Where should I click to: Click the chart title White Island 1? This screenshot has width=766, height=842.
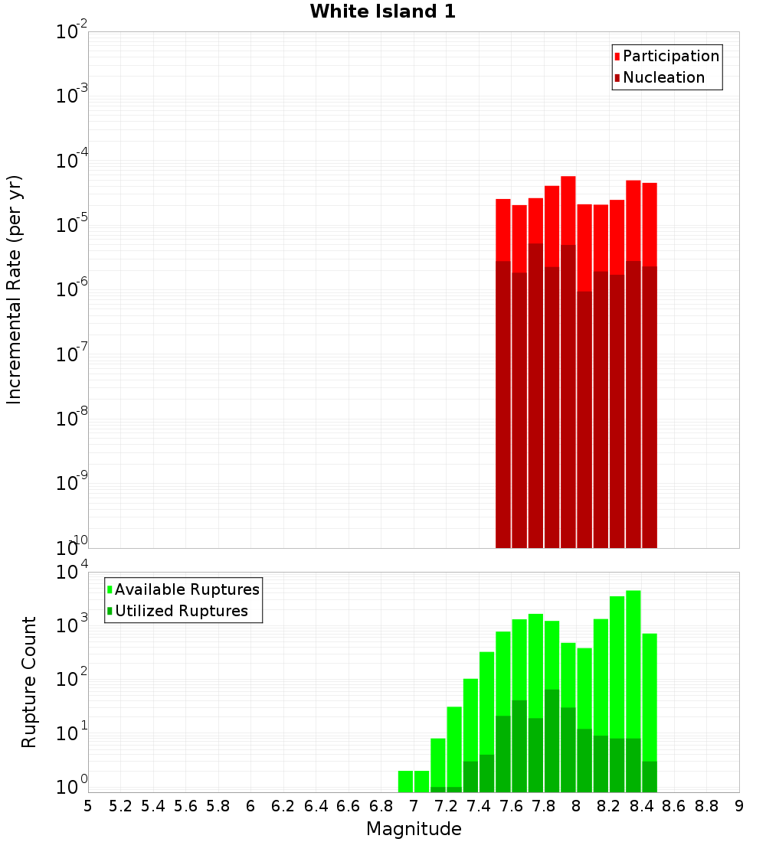click(382, 11)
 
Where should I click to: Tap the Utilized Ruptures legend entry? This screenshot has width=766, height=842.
click(181, 611)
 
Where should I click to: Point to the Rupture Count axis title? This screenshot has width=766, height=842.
click(29, 682)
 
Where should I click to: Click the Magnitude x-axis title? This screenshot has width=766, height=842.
click(414, 829)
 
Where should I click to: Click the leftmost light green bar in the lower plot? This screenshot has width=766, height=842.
click(405, 781)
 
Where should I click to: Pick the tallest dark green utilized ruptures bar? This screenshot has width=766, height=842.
click(552, 739)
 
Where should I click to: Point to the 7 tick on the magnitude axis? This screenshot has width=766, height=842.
click(414, 805)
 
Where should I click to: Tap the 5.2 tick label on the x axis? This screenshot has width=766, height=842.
click(120, 805)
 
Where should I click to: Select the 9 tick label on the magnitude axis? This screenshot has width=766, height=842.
click(739, 805)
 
